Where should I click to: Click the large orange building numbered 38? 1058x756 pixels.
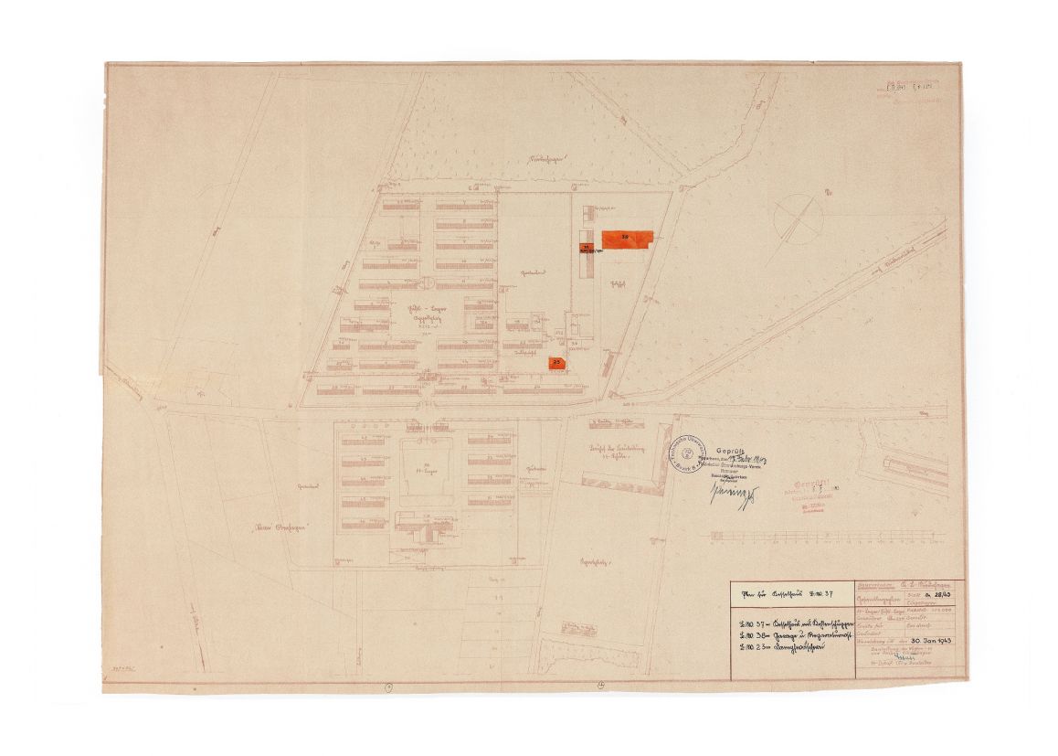pyautogui.click(x=628, y=238)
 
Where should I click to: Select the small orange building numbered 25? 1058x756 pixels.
pyautogui.click(x=556, y=363)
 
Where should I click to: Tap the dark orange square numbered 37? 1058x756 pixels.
pyautogui.click(x=585, y=247)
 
